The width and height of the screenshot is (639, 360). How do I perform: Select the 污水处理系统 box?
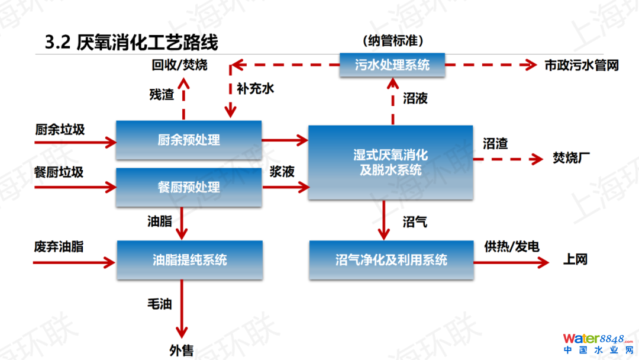coord(392,65)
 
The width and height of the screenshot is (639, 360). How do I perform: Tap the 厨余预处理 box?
coord(189,140)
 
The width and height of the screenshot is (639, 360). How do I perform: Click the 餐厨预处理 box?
coord(189,187)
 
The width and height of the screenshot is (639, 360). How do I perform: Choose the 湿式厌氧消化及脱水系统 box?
coord(391,162)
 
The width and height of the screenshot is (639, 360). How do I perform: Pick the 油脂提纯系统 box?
coord(189,260)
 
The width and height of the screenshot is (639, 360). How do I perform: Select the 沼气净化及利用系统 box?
coord(391,260)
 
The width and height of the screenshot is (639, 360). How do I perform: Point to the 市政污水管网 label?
coord(582,65)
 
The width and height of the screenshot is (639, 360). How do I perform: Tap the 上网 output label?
coord(575,259)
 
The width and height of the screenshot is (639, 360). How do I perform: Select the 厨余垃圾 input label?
coord(59,128)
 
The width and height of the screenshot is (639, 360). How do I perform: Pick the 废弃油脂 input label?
coord(59,246)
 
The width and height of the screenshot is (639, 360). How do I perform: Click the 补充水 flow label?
coord(256,89)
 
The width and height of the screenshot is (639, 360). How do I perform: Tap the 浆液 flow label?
coord(282,172)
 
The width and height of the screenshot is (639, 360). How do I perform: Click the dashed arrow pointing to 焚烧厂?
coord(508,159)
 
